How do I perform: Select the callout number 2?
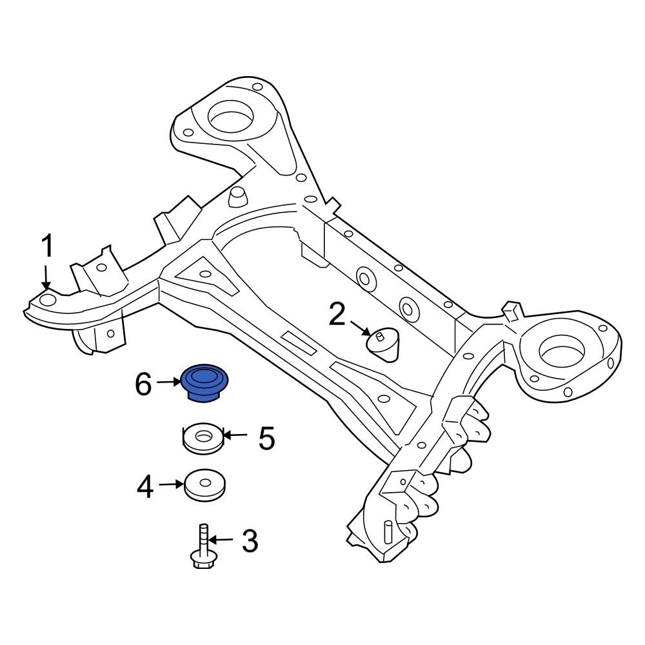pyautogui.click(x=337, y=315)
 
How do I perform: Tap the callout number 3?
pyautogui.click(x=249, y=541)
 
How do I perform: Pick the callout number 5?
pyautogui.click(x=266, y=438)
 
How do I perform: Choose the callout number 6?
pyautogui.click(x=143, y=385)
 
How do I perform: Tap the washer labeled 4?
pyautogui.click(x=204, y=484)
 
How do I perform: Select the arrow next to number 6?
pyautogui.click(x=169, y=382)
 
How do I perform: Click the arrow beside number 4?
pyautogui.click(x=172, y=483)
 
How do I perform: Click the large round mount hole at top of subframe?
pyautogui.click(x=230, y=117)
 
